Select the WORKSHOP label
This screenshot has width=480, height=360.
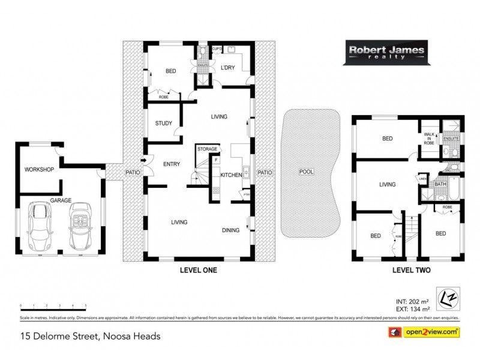pyautogui.click(x=40, y=170)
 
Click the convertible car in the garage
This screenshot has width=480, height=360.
pyautogui.click(x=80, y=225)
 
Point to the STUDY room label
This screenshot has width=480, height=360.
pyautogui.click(x=163, y=124)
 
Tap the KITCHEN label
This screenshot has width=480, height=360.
pyautogui.click(x=231, y=175)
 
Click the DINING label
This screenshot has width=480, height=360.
pyautogui.click(x=231, y=229)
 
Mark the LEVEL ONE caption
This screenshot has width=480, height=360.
pyautogui.click(x=198, y=271)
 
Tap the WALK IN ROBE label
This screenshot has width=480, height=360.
pyautogui.click(x=429, y=139)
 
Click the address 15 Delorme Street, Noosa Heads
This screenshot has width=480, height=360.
pyautogui.click(x=90, y=336)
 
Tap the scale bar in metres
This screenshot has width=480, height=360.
pyautogui.click(x=54, y=307)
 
